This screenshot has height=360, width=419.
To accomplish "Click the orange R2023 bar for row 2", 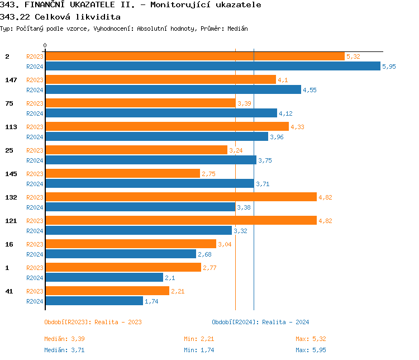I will click(x=194, y=56).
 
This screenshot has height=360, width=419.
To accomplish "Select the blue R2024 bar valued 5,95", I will click(x=212, y=67).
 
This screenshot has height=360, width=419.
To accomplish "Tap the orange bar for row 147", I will click(x=160, y=80).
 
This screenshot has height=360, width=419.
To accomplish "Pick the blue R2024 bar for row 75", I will click(x=161, y=113).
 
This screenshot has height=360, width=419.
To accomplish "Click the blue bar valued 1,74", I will click(x=94, y=301).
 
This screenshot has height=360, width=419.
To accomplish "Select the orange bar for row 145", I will click(x=122, y=174).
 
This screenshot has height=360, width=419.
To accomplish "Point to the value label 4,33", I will click(x=297, y=127).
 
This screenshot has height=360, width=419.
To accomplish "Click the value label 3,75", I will click(x=265, y=160).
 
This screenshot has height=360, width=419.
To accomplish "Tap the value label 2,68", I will click(x=204, y=254).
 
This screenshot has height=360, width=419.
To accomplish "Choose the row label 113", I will click(x=11, y=127).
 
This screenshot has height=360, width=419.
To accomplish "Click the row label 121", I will click(x=11, y=221).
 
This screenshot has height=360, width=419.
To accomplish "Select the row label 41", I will click(x=9, y=291).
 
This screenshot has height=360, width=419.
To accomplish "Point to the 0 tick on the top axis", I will click(x=45, y=46).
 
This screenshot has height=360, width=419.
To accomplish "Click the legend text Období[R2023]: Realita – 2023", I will click(x=93, y=322).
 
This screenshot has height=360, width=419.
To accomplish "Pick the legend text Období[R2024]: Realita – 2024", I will click(x=260, y=322).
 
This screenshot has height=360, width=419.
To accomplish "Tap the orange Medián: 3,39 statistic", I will click(x=64, y=339).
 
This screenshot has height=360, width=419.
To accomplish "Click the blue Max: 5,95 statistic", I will click(x=311, y=350).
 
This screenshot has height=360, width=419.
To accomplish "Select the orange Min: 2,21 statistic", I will click(x=199, y=339).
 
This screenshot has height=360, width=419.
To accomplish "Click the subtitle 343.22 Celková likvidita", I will click(x=60, y=17).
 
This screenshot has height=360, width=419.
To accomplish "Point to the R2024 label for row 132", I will click(x=35, y=207).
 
